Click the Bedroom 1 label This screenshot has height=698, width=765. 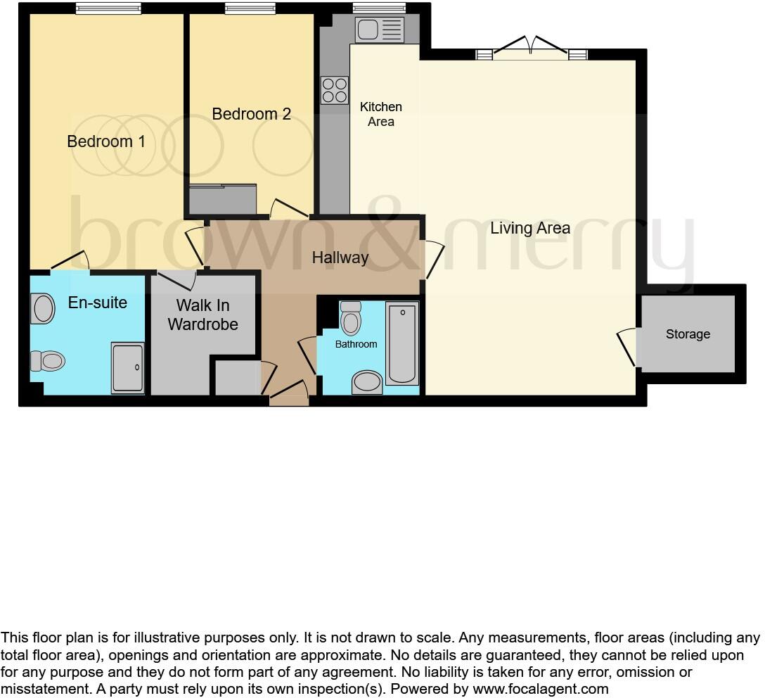coord(106,141)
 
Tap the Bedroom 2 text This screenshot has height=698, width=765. coord(251,114)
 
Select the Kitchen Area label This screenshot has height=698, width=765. coord(381,114)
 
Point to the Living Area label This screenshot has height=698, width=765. coord(530,228)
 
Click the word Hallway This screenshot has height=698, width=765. coord(340,258)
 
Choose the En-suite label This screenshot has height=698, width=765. coord(97,303)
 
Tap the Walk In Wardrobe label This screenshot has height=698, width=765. coord(202,315)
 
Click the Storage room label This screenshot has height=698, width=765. coord(688,334)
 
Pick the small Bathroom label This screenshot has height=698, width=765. coord(356,344)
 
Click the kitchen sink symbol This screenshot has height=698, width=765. coord(379,30)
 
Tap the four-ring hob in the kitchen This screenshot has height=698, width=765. coord(334,90)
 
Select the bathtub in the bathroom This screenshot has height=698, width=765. coord(402,343)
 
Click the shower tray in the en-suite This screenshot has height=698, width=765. coord(127,367)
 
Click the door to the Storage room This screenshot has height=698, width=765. coord(627,348)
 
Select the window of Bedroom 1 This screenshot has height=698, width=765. coord(108,9)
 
